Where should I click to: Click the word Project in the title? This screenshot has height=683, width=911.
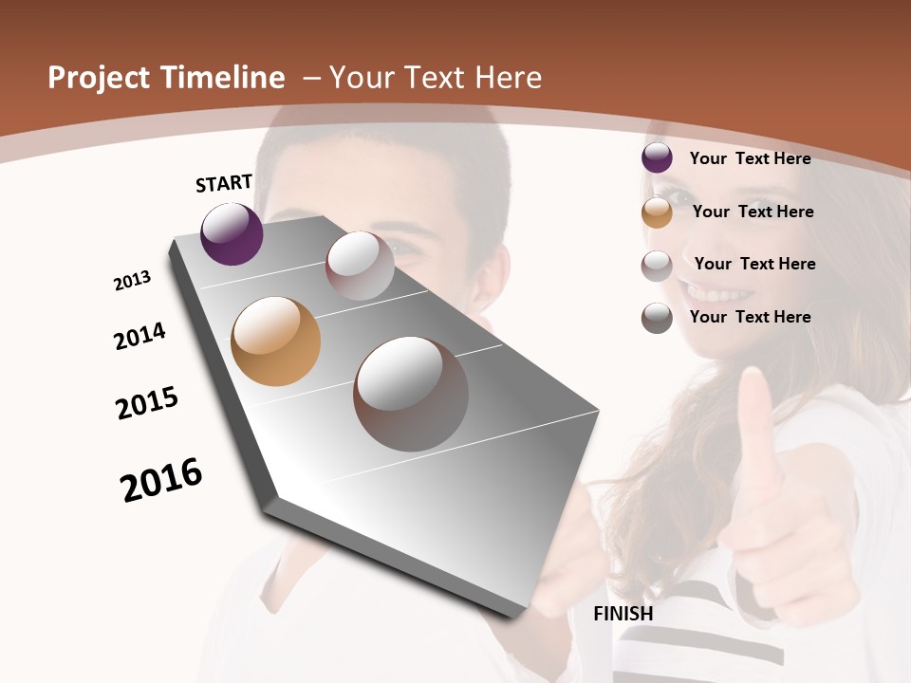click(x=99, y=78)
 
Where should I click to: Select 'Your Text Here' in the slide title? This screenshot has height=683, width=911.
click(x=435, y=78)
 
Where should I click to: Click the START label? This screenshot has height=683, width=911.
click(x=224, y=183)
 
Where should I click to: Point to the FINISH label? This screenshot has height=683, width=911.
click(x=623, y=614)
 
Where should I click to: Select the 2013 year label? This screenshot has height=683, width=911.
click(x=132, y=281)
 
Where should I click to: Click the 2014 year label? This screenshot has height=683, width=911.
click(x=139, y=337)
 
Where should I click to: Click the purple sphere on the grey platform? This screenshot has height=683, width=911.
click(x=232, y=234)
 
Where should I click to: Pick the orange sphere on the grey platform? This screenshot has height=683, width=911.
click(x=275, y=341)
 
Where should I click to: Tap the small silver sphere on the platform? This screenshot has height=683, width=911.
click(x=360, y=266)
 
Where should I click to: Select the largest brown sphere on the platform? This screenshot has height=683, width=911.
click(x=411, y=394)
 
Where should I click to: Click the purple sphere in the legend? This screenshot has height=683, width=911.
click(x=657, y=158)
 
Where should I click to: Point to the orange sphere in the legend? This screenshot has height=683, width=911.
click(x=657, y=212)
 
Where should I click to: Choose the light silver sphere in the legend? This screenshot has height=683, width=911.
click(x=657, y=266)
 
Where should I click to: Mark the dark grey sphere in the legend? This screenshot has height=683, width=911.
click(x=657, y=318)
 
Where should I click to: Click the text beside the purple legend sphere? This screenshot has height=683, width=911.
click(x=750, y=158)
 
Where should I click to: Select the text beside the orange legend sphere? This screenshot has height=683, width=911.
click(x=753, y=212)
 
